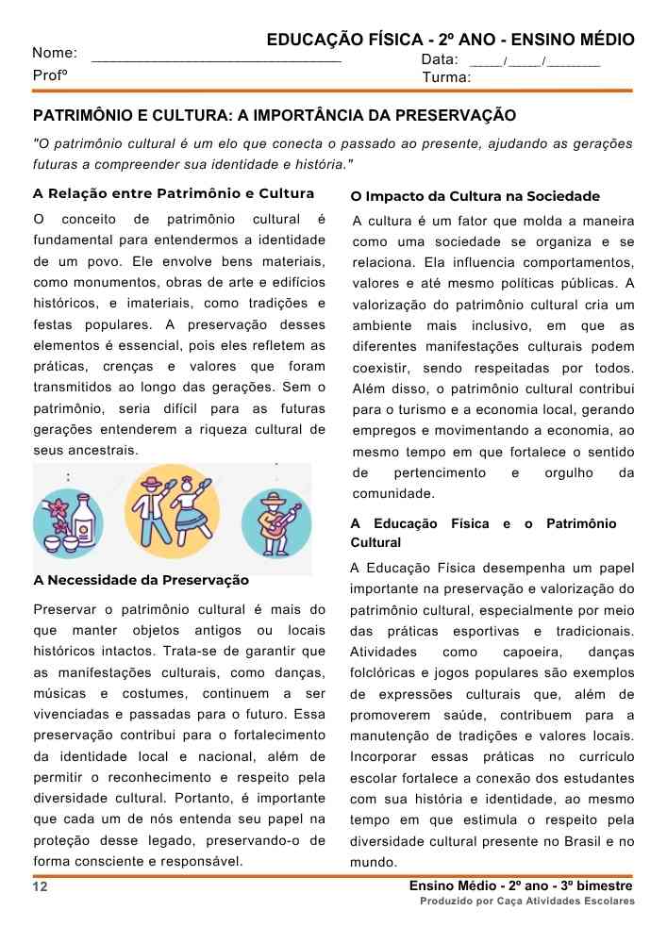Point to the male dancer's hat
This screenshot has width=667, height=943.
[x=150, y=481]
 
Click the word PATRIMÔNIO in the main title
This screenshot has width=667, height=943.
[x=78, y=116]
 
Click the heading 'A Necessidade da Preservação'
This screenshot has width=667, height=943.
[x=141, y=580]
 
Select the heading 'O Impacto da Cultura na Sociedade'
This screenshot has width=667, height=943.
[x=475, y=196]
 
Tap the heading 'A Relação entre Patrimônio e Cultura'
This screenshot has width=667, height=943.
[x=173, y=194]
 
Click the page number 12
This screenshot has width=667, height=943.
[x=40, y=887]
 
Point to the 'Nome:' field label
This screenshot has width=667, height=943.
[x=55, y=54]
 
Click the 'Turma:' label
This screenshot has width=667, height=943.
[x=446, y=77]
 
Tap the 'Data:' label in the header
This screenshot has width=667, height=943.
[x=440, y=59]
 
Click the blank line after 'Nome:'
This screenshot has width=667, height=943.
[x=216, y=59]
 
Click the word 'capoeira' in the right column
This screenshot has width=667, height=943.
[x=533, y=653]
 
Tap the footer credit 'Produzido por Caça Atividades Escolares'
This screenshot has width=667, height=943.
[x=527, y=902]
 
